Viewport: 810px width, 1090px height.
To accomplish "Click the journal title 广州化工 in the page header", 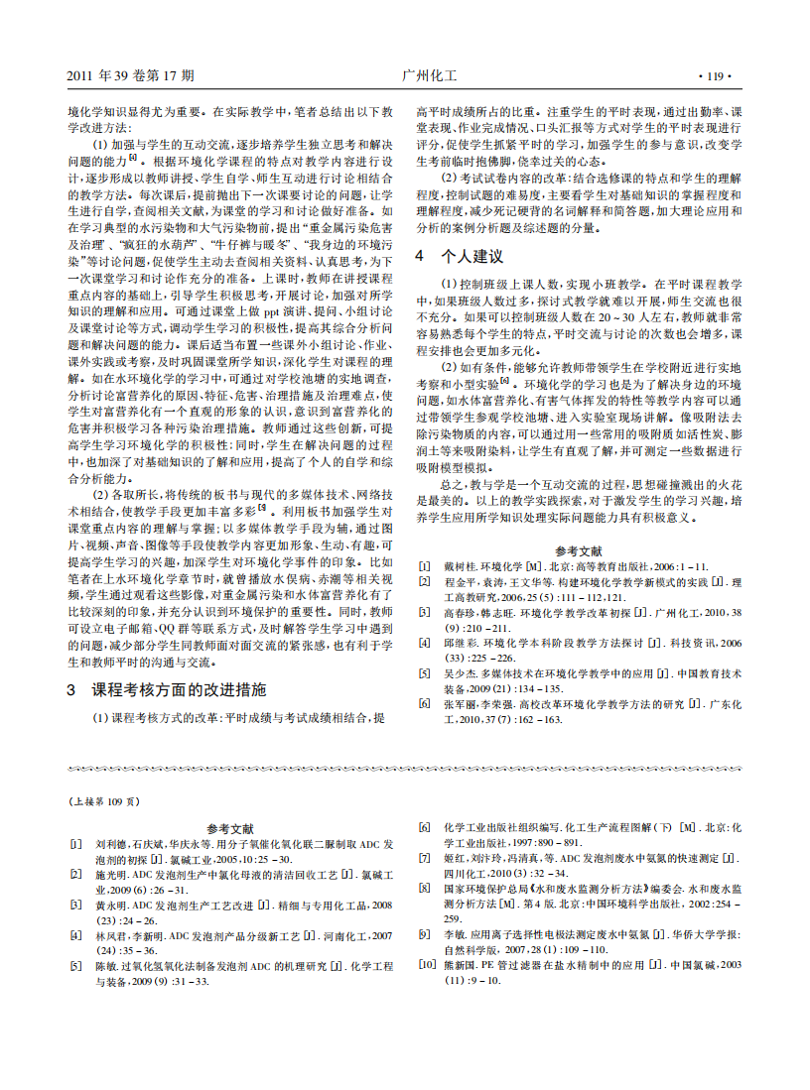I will pos(430,75).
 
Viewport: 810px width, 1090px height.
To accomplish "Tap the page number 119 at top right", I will pos(715,75).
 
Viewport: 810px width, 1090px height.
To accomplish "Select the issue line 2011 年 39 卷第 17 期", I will pos(130,75).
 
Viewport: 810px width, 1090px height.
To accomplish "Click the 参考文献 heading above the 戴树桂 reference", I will pos(579,550).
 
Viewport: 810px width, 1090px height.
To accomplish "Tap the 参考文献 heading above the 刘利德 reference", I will pos(230,828).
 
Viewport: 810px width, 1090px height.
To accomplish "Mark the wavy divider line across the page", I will pos(405,770).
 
